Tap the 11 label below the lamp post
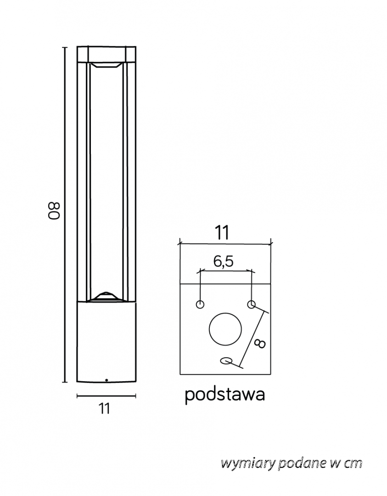[x=104, y=408]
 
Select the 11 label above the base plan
[x=222, y=233]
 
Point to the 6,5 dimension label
[x=223, y=261]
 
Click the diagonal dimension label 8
[x=260, y=344]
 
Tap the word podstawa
[x=224, y=395]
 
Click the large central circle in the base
[x=225, y=329]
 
